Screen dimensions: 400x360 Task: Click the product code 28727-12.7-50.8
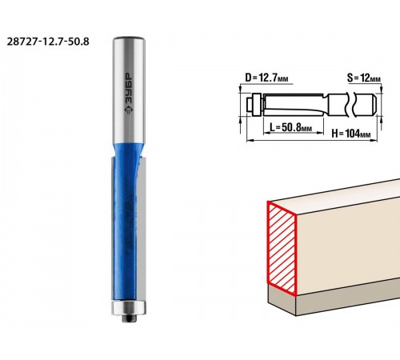(48, 42)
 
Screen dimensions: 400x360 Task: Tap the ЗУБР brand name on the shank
(129, 89)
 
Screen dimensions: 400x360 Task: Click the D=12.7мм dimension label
(266, 78)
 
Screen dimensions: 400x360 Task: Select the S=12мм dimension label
(364, 78)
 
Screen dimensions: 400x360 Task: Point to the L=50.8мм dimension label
(290, 127)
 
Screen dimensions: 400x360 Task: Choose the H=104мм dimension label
(351, 133)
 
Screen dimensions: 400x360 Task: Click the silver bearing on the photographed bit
(129, 307)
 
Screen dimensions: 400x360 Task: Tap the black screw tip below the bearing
(130, 318)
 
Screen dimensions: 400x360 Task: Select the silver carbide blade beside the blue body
(142, 230)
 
